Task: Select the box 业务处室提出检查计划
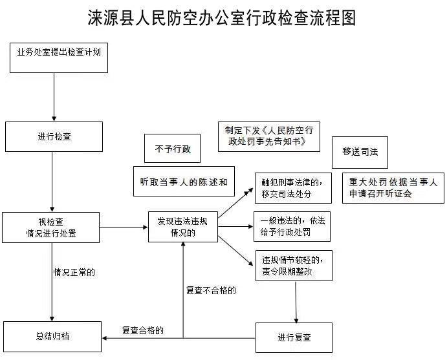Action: click(x=58, y=57)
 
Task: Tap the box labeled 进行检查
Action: click(x=54, y=136)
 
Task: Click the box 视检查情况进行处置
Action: click(x=51, y=226)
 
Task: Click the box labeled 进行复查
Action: click(x=294, y=337)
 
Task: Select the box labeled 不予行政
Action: click(x=172, y=149)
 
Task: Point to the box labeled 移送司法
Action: click(x=360, y=152)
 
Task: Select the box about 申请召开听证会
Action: click(x=393, y=187)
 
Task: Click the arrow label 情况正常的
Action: click(x=74, y=272)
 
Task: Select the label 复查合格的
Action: click(x=143, y=330)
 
